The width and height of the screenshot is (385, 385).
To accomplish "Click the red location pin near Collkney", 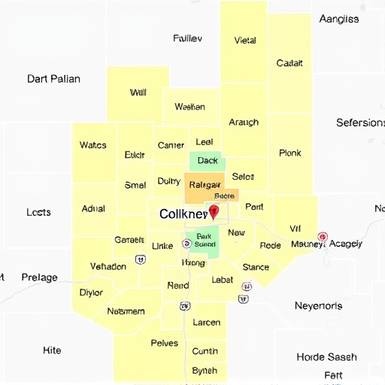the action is click(x=214, y=211).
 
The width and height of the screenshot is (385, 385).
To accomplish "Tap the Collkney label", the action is click(x=183, y=214).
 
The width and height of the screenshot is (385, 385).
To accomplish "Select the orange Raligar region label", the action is click(x=205, y=184).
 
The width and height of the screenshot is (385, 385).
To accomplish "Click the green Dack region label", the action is click(x=207, y=160).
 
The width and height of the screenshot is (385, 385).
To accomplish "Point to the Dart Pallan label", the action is click(x=53, y=78).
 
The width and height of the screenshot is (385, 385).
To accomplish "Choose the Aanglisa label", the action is click(x=338, y=19).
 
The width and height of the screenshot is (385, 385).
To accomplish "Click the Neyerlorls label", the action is click(x=318, y=306).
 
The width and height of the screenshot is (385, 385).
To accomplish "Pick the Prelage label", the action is click(x=39, y=277).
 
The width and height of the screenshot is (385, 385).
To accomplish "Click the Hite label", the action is click(x=52, y=350).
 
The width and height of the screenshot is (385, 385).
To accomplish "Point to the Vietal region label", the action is click(x=245, y=41).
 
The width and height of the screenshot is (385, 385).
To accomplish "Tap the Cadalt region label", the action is click(x=290, y=63).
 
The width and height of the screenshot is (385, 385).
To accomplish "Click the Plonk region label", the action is click(x=290, y=153).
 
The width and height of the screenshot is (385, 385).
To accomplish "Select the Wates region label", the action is click(x=92, y=145).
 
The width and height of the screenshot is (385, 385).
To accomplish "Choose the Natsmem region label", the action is click(x=126, y=311).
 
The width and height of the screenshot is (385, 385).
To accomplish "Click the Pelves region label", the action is click(x=165, y=343).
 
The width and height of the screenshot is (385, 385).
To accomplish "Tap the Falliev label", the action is click(x=187, y=38).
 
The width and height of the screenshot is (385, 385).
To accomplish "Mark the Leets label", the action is click(x=38, y=213).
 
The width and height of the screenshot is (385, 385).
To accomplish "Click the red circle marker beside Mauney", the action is click(x=323, y=237).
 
